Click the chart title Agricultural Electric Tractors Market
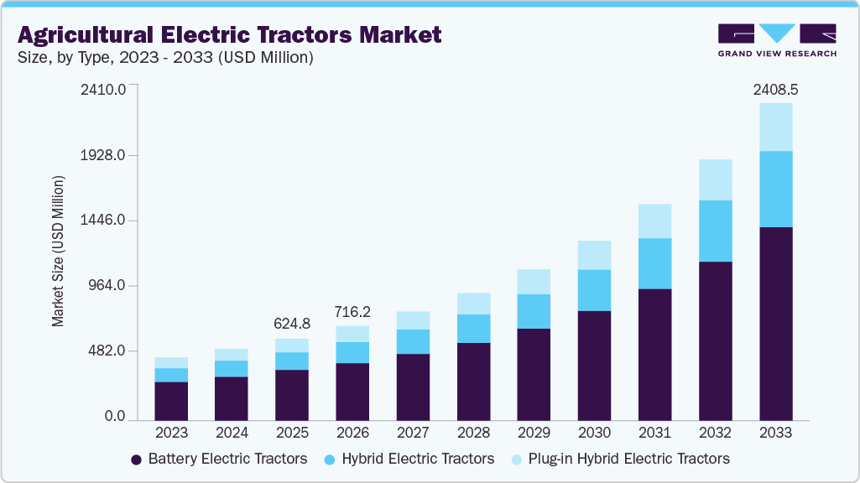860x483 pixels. (229, 34)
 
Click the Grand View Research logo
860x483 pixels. (776, 40)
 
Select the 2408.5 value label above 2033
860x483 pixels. (775, 88)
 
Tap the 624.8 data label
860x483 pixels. (292, 323)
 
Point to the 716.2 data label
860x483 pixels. (352, 311)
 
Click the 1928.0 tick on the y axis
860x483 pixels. (105, 155)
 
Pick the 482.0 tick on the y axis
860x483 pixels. (108, 351)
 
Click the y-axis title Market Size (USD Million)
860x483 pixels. (58, 252)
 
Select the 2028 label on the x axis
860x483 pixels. (473, 434)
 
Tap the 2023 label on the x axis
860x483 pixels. (171, 434)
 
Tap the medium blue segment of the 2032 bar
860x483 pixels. (715, 231)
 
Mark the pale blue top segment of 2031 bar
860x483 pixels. (654, 221)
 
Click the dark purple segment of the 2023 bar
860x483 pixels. (171, 401)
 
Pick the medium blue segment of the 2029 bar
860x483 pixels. (534, 311)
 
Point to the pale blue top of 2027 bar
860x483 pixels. (413, 320)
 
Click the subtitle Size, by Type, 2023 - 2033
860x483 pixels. (165, 57)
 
